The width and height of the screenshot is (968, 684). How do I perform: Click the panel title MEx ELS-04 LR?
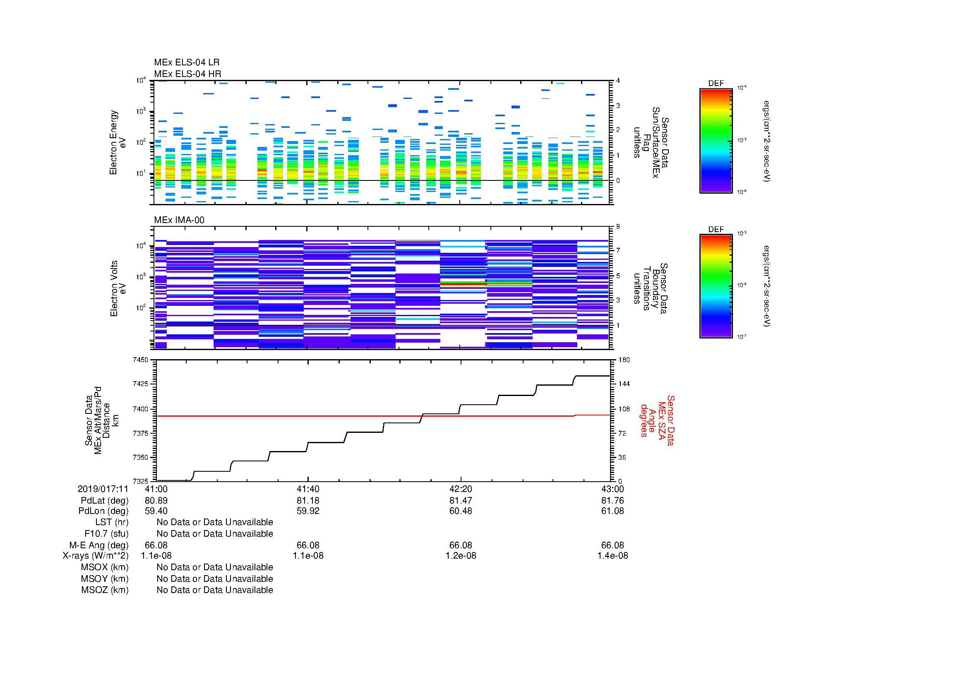click(x=186, y=62)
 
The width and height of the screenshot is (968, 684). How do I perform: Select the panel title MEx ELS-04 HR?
click(x=187, y=74)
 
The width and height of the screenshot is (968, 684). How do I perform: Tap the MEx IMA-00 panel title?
click(x=179, y=220)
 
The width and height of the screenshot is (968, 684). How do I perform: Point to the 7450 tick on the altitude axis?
click(x=140, y=360)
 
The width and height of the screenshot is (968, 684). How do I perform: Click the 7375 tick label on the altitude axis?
click(x=140, y=433)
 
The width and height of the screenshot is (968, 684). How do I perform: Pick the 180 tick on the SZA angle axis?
click(x=624, y=360)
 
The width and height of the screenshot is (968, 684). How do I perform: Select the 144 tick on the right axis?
click(x=624, y=384)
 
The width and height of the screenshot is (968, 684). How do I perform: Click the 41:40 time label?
click(x=308, y=489)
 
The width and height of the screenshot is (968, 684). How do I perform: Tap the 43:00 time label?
click(x=613, y=489)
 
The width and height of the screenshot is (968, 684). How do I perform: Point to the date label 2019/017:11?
click(x=103, y=489)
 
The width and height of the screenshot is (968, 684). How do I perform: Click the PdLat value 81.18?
click(x=308, y=501)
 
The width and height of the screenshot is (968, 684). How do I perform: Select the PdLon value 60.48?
click(x=461, y=511)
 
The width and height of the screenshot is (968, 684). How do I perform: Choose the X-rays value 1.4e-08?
click(x=613, y=556)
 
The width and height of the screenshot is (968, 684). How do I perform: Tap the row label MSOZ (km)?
click(x=105, y=590)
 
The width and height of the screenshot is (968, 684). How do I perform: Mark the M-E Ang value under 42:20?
click(x=461, y=545)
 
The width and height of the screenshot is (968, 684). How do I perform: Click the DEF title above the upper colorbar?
click(x=716, y=84)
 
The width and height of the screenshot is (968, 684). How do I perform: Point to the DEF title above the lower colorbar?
click(x=716, y=229)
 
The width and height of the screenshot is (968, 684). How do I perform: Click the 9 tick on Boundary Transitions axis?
click(x=618, y=226)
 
